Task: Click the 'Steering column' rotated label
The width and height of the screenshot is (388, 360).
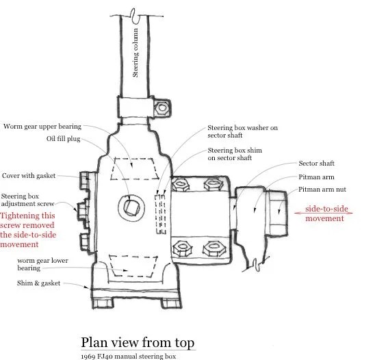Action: [x=135, y=53]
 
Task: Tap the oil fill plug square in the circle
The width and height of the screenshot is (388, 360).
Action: [x=131, y=207]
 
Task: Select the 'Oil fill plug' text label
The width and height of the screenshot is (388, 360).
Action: [x=64, y=138]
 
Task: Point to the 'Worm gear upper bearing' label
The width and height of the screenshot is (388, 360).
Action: [x=42, y=127]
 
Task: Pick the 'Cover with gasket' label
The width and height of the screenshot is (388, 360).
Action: [x=29, y=176]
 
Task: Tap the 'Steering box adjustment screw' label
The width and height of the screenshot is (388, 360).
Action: [x=27, y=200]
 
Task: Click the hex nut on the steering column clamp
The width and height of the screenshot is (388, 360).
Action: [x=162, y=108]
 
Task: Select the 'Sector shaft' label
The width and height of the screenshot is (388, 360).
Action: [x=316, y=164]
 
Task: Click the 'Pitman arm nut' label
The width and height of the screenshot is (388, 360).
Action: [x=322, y=190]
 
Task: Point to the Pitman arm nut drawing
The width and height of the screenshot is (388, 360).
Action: [x=276, y=214]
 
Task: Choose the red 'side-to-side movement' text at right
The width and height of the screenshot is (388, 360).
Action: [x=324, y=214]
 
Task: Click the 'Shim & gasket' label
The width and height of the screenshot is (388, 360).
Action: [x=38, y=283]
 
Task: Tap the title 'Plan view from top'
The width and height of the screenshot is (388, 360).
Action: [x=138, y=342]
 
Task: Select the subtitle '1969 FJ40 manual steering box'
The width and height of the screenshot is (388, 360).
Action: [x=129, y=357]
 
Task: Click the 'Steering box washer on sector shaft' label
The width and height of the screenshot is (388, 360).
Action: [x=242, y=131]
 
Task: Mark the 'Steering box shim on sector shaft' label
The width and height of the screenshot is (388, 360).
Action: [x=235, y=154]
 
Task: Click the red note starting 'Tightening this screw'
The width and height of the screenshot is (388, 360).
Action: [x=28, y=230]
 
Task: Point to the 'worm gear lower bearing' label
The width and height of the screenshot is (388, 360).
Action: [x=42, y=264]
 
